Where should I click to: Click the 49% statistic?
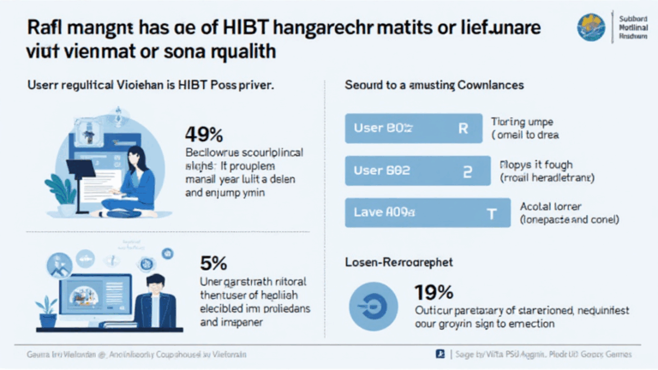[x=204, y=134]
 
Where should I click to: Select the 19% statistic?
[x=433, y=292]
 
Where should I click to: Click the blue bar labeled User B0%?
[x=408, y=128]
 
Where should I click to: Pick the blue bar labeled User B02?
[x=408, y=170]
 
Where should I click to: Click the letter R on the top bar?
[x=463, y=128]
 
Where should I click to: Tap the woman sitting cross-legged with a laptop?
[x=137, y=180]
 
